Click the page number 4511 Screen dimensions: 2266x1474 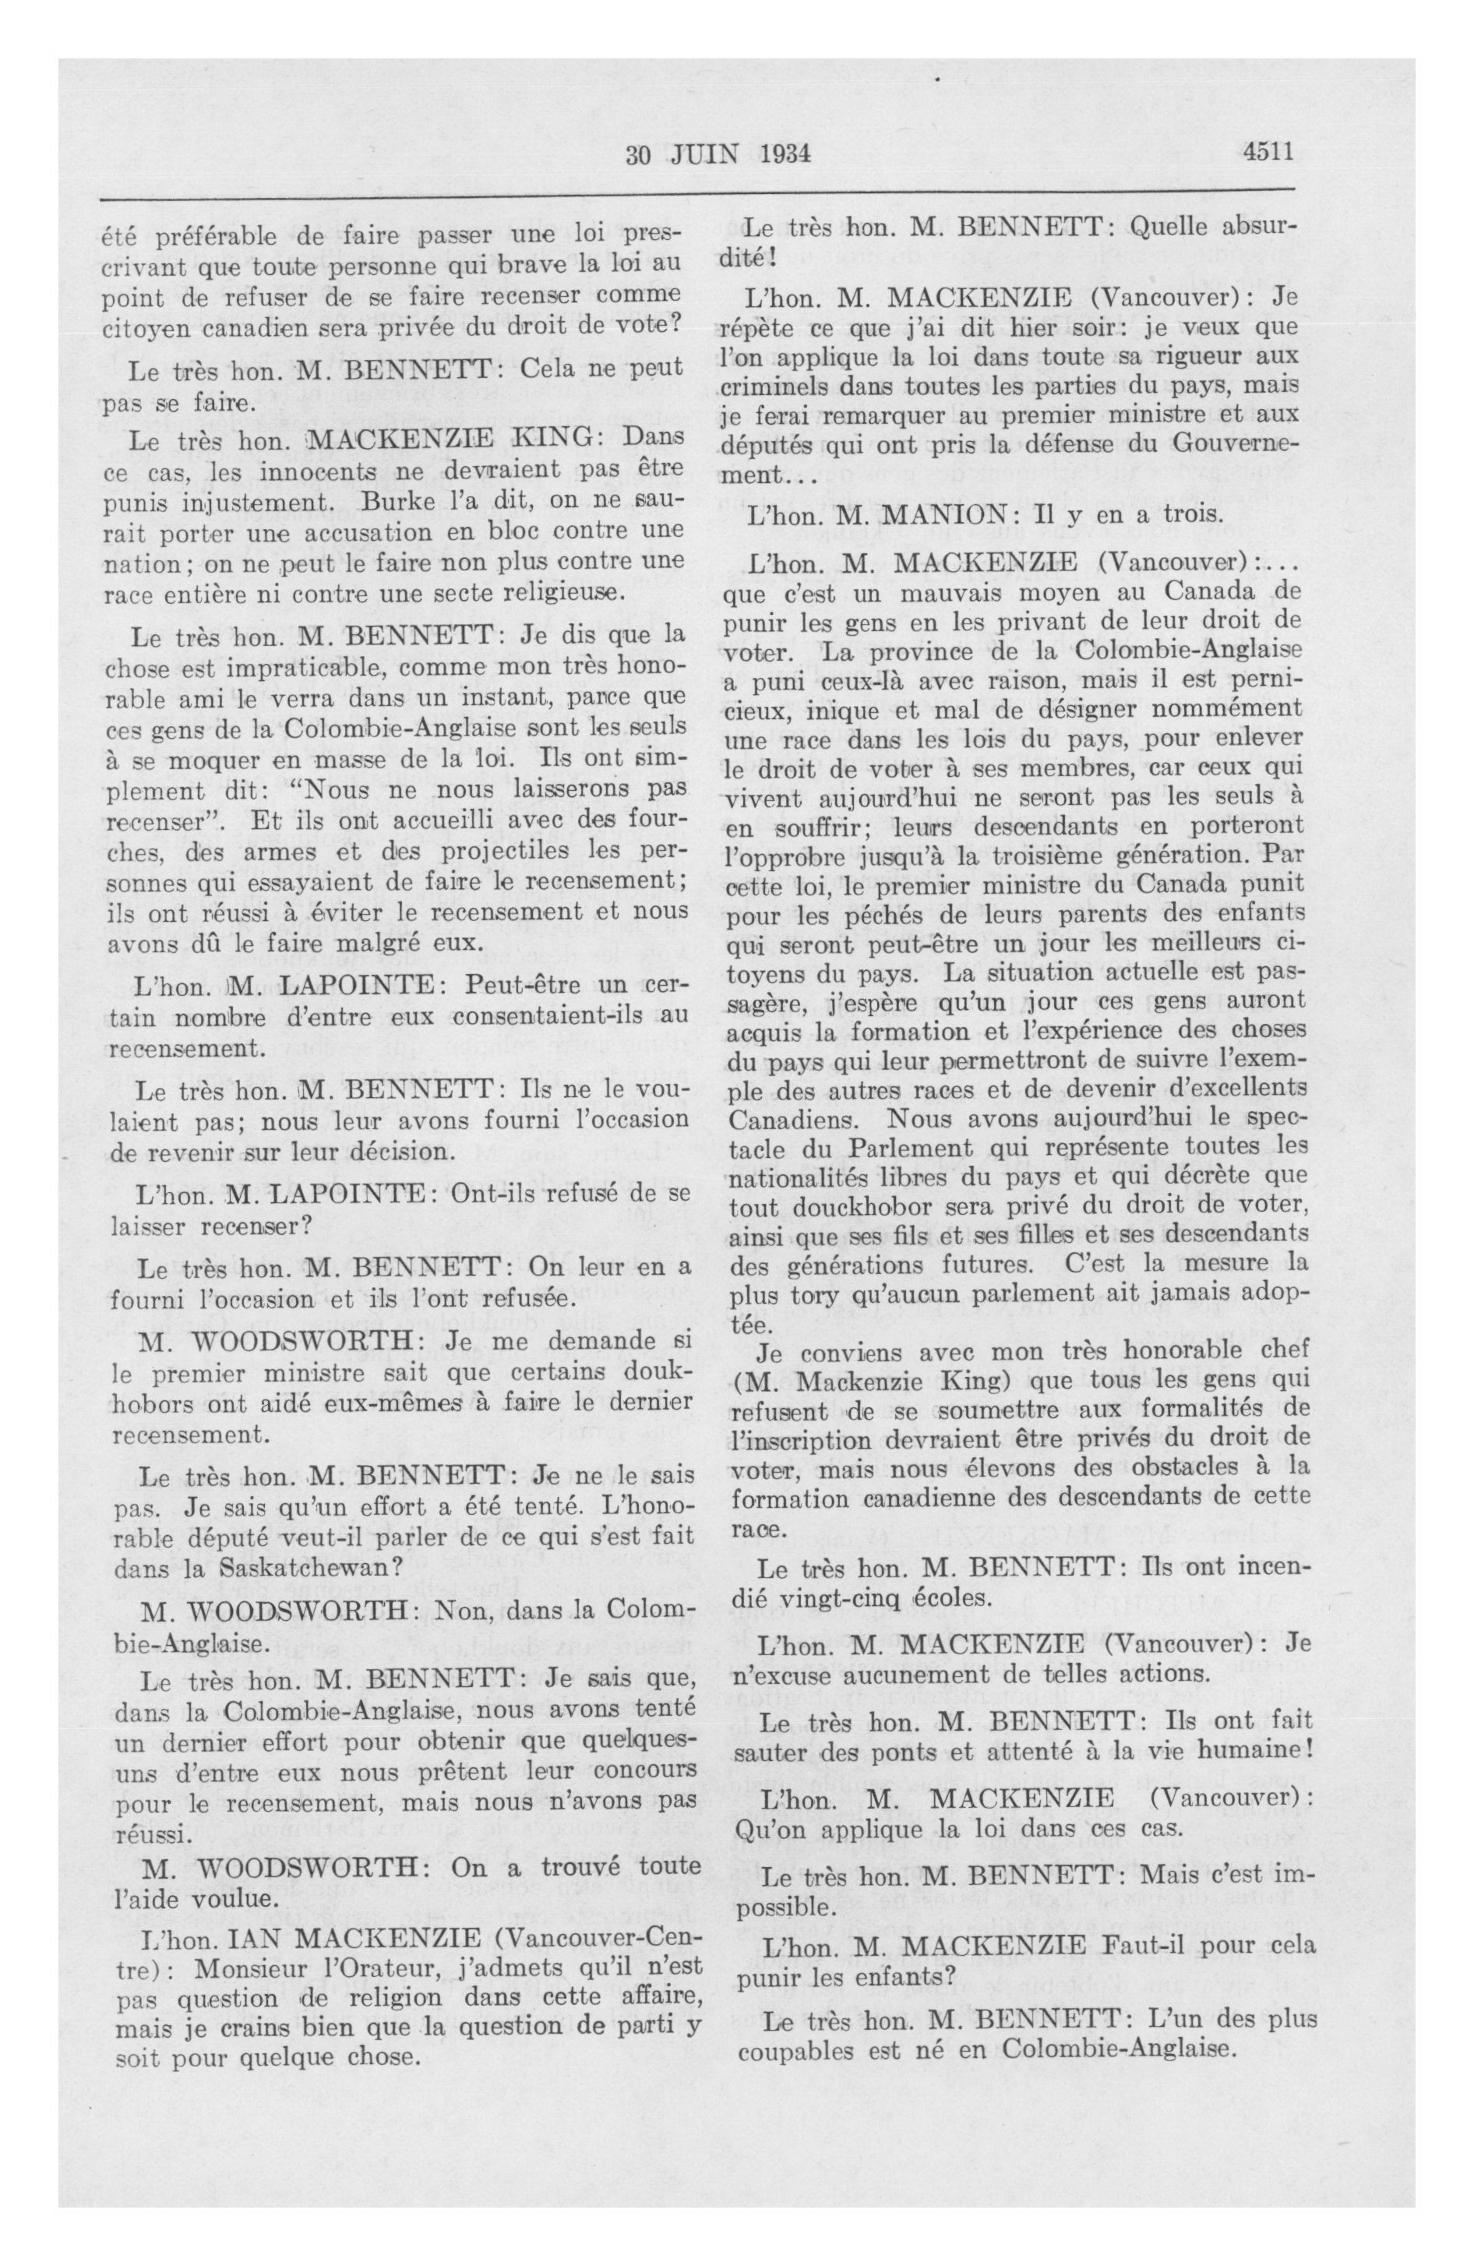pos(1268,152)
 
